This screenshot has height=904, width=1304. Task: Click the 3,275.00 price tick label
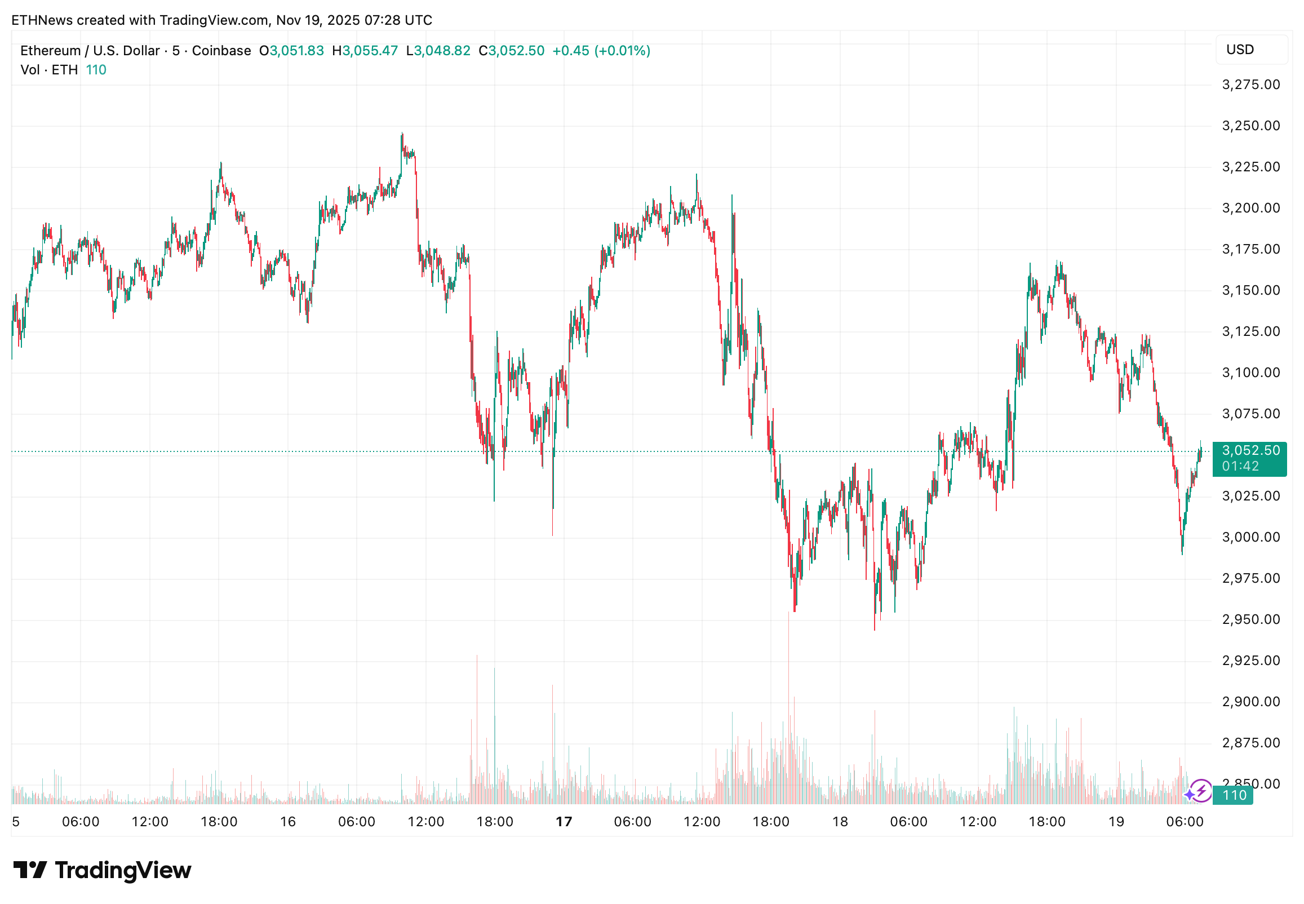click(x=1250, y=85)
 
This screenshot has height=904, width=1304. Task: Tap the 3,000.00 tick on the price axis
click(x=1250, y=537)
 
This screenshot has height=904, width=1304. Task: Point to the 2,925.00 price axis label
click(x=1250, y=661)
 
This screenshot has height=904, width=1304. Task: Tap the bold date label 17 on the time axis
click(x=564, y=821)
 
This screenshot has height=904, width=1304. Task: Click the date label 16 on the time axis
click(x=287, y=821)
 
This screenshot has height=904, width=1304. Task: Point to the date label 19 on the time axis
click(x=1115, y=821)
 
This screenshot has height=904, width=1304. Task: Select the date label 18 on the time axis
click(x=840, y=821)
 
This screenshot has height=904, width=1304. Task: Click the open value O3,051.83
click(x=291, y=51)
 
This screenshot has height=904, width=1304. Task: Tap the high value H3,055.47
click(x=365, y=51)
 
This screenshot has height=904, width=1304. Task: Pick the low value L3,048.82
click(x=438, y=51)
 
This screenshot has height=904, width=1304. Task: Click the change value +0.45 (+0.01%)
click(x=601, y=51)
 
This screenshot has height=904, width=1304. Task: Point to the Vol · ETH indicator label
click(x=49, y=70)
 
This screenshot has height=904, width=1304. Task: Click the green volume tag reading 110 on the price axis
click(x=1234, y=795)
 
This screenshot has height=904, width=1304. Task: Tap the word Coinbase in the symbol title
click(x=221, y=51)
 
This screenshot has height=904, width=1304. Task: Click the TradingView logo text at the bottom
click(x=123, y=870)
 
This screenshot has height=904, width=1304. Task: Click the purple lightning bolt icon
click(x=1200, y=791)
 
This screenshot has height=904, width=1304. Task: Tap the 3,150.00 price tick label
click(x=1250, y=291)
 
